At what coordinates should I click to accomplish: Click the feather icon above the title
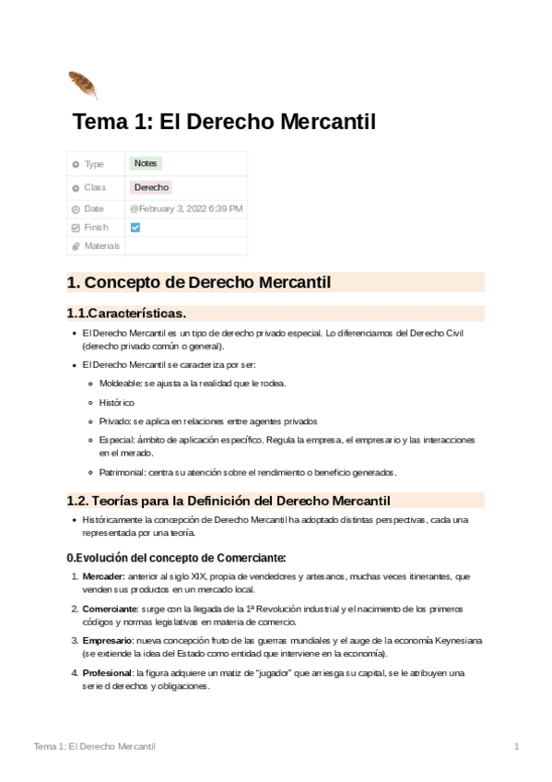pyautogui.click(x=82, y=84)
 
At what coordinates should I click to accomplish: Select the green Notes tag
pyautogui.click(x=146, y=163)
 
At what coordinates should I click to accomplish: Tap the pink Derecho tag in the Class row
pyautogui.click(x=151, y=187)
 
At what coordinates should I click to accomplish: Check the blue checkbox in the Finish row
pyautogui.click(x=135, y=227)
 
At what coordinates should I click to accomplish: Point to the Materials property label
pyautogui.click(x=102, y=246)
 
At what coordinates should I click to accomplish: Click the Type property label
pyautogui.click(x=94, y=164)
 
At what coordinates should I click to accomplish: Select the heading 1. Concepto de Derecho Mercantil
pyautogui.click(x=199, y=282)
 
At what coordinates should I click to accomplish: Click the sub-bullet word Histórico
pyautogui.click(x=116, y=403)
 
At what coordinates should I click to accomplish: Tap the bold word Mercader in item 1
pyautogui.click(x=103, y=576)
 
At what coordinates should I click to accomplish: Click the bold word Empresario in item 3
pyautogui.click(x=106, y=640)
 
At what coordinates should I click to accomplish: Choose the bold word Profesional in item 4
pyautogui.click(x=107, y=673)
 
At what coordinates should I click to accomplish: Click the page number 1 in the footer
pyautogui.click(x=517, y=745)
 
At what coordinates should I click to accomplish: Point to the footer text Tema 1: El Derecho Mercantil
pyautogui.click(x=94, y=745)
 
